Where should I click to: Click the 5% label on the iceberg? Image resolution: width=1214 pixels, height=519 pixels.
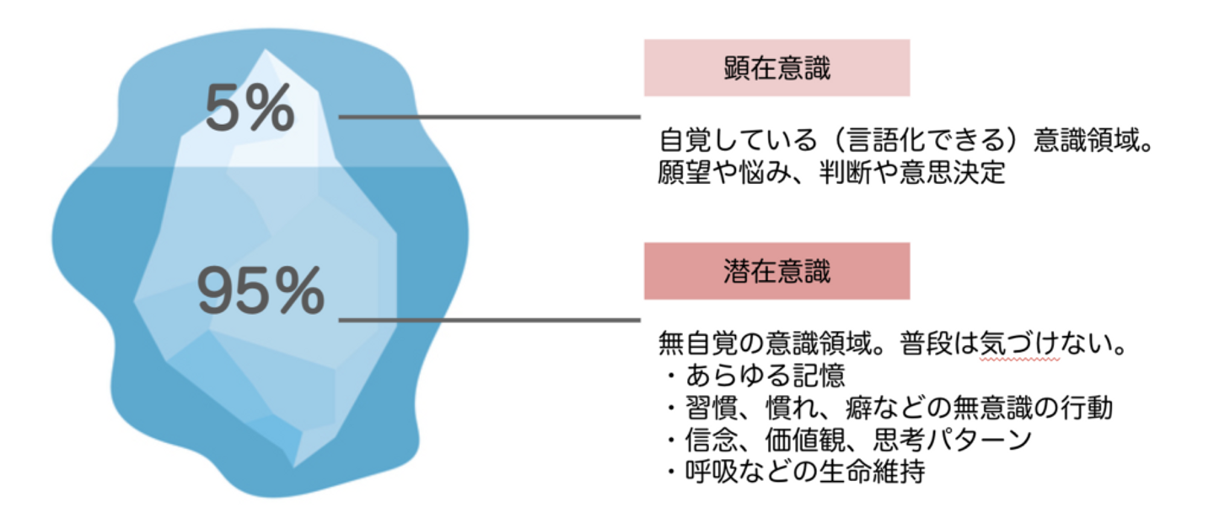[250, 108]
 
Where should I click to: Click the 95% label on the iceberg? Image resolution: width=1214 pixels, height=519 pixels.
[261, 290]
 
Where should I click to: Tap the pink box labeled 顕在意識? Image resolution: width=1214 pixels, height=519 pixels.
[776, 68]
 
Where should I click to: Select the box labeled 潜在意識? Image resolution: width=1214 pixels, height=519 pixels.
[776, 271]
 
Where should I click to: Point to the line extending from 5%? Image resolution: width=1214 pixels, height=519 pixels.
[489, 116]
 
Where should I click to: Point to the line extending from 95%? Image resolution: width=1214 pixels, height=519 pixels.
[489, 320]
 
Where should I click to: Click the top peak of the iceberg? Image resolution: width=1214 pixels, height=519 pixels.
[265, 50]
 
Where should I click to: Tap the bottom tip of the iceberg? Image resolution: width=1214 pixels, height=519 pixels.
[294, 467]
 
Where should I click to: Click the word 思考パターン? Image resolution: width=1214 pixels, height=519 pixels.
[952, 440]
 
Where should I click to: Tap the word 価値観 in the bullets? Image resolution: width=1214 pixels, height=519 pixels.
[805, 440]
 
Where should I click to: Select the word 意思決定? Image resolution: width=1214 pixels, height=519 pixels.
[953, 172]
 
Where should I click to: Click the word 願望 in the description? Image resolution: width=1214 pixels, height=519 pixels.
[685, 172]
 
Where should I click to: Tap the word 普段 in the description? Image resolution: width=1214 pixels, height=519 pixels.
[927, 343]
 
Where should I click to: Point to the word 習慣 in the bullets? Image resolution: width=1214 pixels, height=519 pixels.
[712, 408]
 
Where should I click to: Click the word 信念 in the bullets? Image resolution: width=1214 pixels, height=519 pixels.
[712, 440]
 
